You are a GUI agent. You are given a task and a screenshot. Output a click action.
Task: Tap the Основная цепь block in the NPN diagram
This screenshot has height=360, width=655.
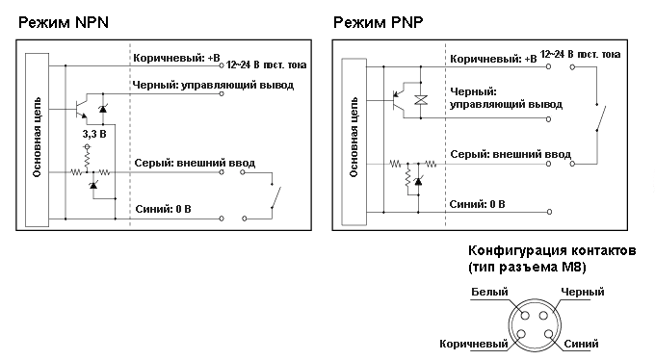pos(37,141)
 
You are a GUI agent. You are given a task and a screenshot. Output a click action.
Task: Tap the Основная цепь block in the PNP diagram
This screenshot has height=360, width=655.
pos(355,141)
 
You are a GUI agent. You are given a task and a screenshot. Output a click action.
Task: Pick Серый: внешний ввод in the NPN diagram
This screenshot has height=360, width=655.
pos(195,163)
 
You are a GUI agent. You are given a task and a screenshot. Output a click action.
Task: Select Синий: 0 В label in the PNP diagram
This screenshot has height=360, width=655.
pos(479,204)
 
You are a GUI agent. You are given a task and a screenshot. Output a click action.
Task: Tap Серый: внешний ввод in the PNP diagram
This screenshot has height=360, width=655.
pos(511,153)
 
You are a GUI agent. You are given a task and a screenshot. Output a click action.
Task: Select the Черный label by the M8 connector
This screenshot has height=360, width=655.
pos(582,292)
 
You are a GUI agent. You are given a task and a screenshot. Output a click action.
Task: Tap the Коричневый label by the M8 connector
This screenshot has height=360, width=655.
pos(473,343)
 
